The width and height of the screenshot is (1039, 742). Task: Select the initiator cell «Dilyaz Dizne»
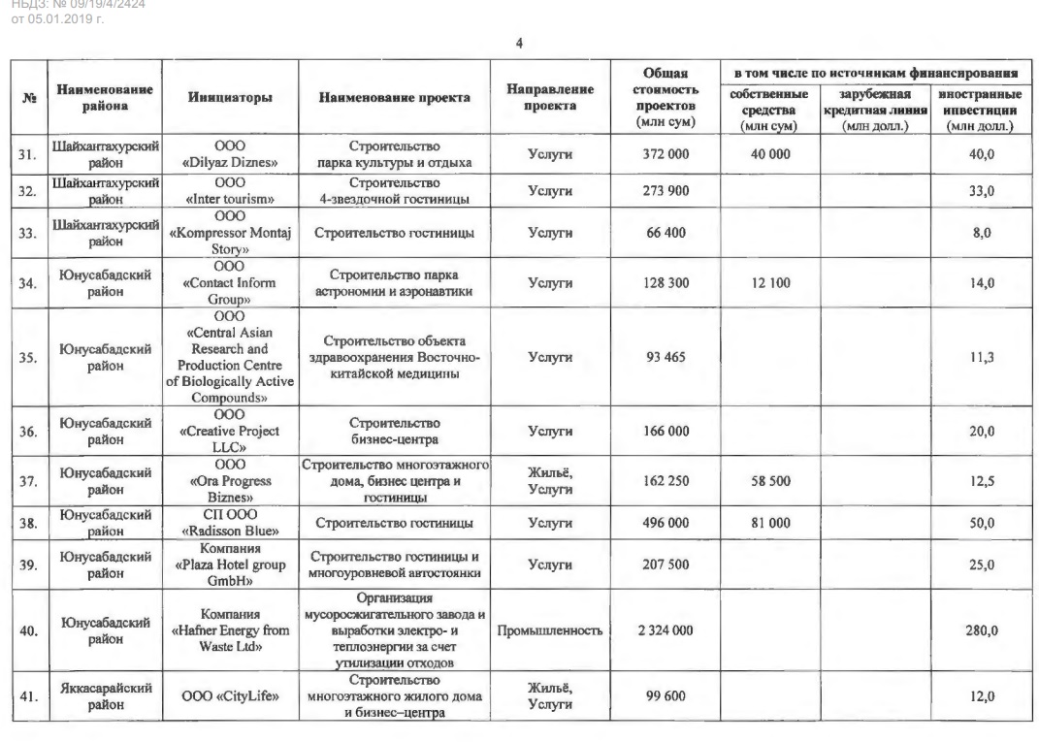[x=229, y=154]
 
